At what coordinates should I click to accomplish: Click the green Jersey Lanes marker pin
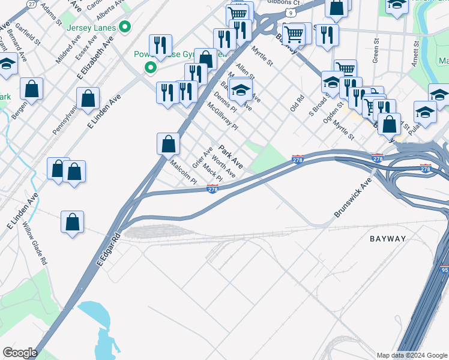pos(125,26)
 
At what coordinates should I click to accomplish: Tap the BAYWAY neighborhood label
pos(388,239)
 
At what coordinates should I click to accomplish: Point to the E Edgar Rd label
pos(108,250)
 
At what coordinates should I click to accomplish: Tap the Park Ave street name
pos(231,157)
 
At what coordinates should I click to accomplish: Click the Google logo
pos(20,353)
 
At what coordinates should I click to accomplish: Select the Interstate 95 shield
pos(445,269)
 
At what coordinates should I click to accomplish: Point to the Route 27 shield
pos(31,4)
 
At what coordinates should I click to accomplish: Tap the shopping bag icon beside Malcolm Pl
pos(169,144)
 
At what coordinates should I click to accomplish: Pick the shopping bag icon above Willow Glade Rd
pos(72,222)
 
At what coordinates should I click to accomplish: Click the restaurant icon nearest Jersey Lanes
pos(160,45)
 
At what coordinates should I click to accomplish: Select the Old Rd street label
pos(295,102)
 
